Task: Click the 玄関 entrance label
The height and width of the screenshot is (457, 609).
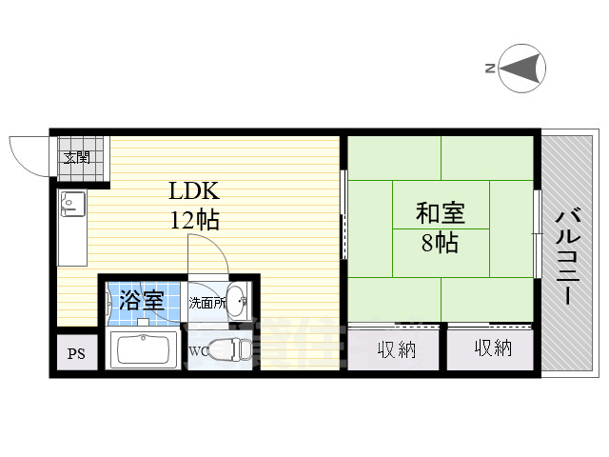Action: tap(77, 157)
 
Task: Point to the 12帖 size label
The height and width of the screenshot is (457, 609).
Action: tap(195, 221)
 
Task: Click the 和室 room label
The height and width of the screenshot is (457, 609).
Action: tap(440, 213)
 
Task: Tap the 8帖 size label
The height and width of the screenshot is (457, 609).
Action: tap(440, 244)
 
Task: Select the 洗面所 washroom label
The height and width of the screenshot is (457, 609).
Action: tap(206, 304)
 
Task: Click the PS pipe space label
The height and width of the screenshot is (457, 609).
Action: tap(74, 355)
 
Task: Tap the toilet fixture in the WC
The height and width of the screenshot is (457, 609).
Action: tap(229, 350)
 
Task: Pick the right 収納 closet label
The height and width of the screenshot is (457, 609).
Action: tap(492, 348)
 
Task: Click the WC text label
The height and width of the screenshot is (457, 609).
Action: tap(199, 351)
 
